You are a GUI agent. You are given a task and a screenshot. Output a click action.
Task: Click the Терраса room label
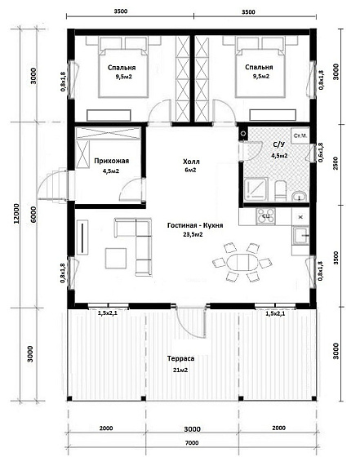(x=180, y=358)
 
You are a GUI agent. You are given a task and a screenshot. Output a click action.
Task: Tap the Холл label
(x=191, y=162)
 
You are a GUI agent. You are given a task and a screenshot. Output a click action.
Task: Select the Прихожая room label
(x=111, y=161)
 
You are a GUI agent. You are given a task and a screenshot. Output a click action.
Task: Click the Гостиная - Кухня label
(x=195, y=225)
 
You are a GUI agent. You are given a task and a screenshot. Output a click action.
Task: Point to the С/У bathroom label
(x=279, y=146)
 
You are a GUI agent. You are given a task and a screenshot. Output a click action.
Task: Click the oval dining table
(x=242, y=262)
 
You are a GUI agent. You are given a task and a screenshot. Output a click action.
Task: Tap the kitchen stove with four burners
(x=265, y=216)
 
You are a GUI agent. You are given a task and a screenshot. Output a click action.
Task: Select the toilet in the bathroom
(x=281, y=191)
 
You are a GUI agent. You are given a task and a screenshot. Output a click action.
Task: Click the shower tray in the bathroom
(x=256, y=189)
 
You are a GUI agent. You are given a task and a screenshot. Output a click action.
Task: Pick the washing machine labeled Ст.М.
(x=300, y=135)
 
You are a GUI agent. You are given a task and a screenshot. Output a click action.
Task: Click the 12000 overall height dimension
(x=16, y=214)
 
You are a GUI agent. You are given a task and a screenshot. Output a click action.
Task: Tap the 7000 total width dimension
(x=192, y=442)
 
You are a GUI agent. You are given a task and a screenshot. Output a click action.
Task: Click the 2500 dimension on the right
(x=336, y=163)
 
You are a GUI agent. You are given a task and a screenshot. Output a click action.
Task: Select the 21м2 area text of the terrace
(x=180, y=370)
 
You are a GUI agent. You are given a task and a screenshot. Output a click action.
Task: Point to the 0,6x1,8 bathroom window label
(x=321, y=153)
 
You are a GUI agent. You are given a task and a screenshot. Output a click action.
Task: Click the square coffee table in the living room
(x=116, y=258)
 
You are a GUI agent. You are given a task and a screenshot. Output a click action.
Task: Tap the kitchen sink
(x=300, y=236)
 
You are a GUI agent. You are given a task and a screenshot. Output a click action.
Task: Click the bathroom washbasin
(x=299, y=196)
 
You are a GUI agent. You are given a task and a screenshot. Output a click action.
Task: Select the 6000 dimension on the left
(x=33, y=215)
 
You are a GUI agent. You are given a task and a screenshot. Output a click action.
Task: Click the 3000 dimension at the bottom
(x=193, y=429)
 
